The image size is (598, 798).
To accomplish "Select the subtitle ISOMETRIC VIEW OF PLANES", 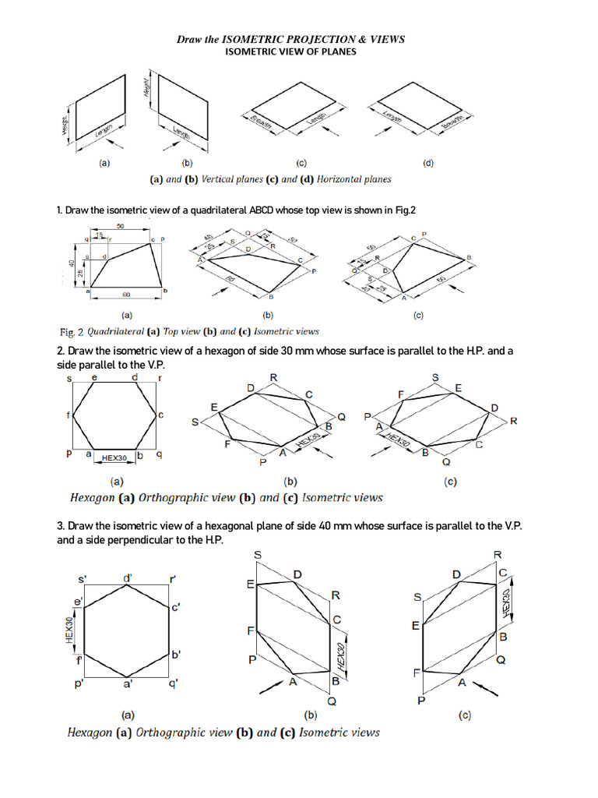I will click(290, 51).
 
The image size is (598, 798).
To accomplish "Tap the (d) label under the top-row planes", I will click(428, 164).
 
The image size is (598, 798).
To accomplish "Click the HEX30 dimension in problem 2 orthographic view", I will click(115, 456).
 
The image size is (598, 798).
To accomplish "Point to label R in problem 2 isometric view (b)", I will click(273, 378).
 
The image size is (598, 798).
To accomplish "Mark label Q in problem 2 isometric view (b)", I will click(341, 417).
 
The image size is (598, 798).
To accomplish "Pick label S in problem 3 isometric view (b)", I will click(258, 554).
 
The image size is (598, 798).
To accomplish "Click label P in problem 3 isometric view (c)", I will click(421, 701).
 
